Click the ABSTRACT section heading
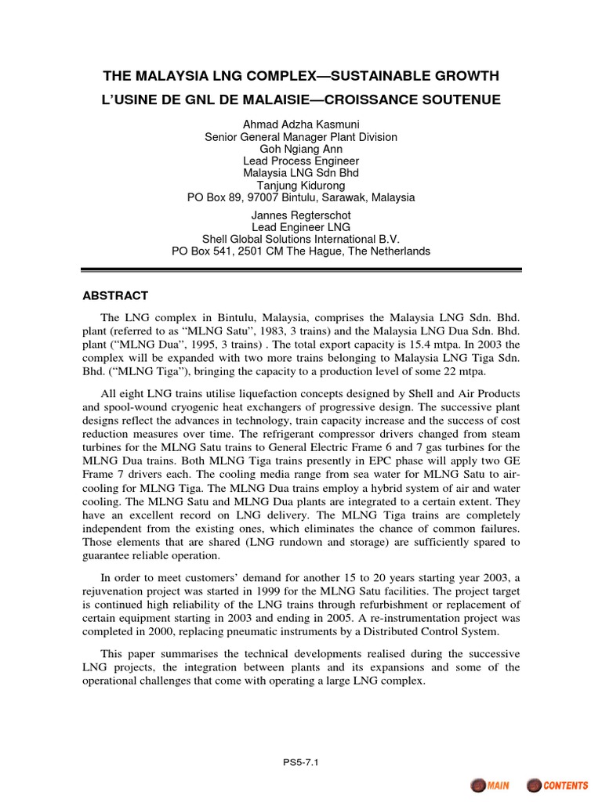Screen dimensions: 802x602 pos(115,296)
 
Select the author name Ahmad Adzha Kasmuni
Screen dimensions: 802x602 pos(301,125)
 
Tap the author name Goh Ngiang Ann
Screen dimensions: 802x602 pos(301,149)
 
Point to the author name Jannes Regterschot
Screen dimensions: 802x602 pos(301,215)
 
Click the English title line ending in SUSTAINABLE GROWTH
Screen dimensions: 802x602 pos(301,75)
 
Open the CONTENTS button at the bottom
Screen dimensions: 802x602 pos(557,785)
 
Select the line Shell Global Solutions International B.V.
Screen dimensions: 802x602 pos(301,239)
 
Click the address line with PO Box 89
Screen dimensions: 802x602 pos(301,197)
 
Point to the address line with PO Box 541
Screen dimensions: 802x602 pos(301,251)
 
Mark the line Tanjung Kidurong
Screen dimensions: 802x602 pos(301,186)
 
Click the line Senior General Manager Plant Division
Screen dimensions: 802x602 pos(301,137)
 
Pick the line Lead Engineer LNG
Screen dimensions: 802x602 pos(301,227)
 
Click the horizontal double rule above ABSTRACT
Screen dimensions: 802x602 pos(301,271)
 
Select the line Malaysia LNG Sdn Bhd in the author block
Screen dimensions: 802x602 pos(301,173)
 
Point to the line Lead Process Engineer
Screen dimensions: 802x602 pos(301,161)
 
